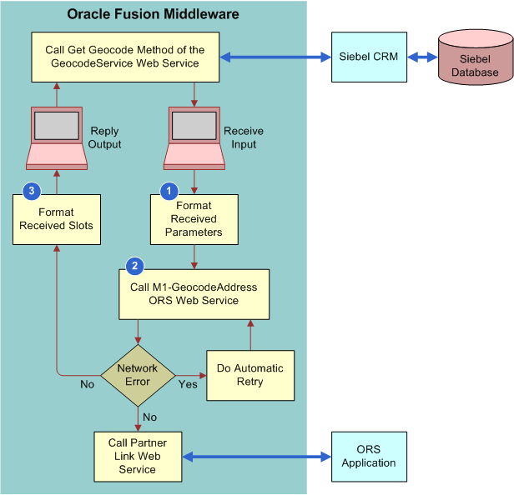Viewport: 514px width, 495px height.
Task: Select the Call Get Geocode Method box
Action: (x=125, y=57)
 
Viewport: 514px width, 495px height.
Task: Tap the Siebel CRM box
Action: (x=368, y=57)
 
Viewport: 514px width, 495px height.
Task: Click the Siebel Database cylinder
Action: (x=475, y=59)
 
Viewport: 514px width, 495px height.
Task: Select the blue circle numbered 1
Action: (x=169, y=191)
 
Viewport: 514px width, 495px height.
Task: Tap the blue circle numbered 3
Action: (x=32, y=191)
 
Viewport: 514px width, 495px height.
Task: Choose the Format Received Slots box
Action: (x=56, y=219)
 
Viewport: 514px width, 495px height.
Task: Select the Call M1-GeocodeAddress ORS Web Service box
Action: (x=194, y=293)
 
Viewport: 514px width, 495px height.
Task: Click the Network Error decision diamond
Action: (x=138, y=375)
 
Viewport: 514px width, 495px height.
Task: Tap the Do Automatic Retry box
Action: (x=249, y=375)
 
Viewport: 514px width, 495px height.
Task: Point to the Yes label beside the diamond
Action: (x=187, y=384)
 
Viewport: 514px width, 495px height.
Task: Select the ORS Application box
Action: (x=368, y=457)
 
